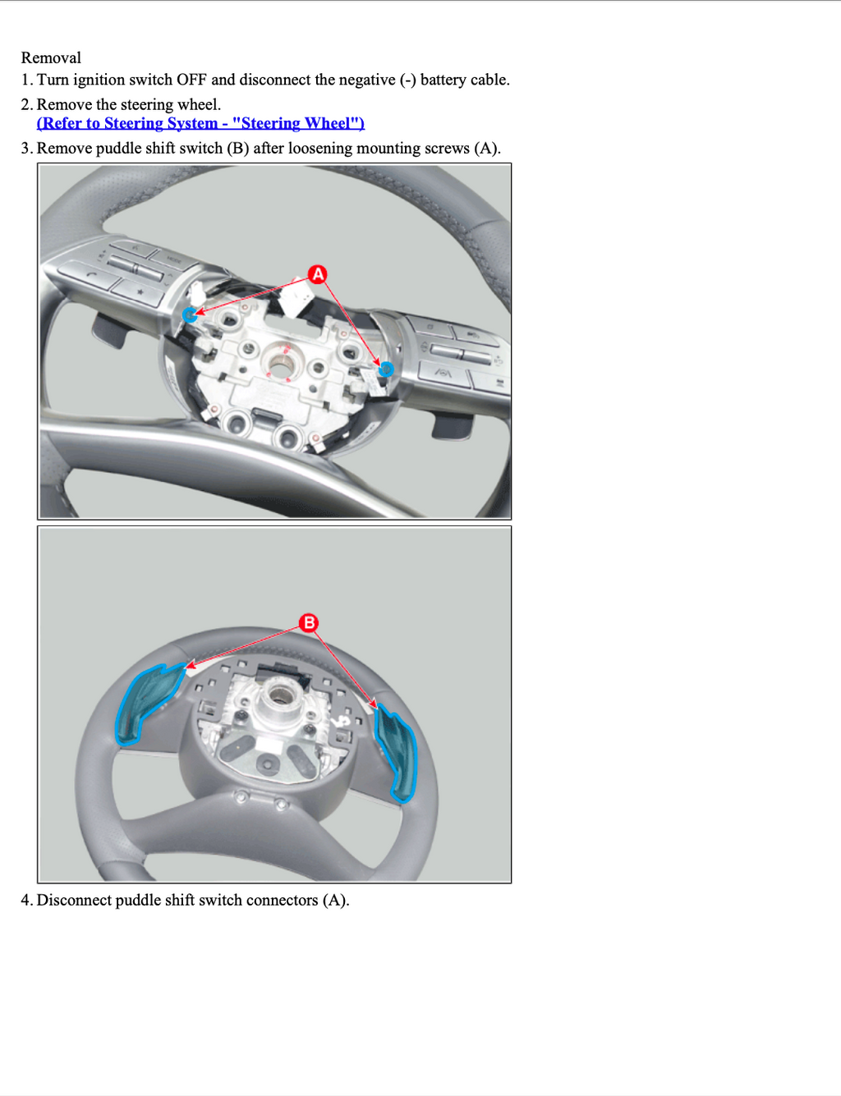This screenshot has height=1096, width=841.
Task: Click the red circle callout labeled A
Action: pos(318,274)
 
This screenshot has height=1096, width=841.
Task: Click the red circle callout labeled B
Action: pos(309,623)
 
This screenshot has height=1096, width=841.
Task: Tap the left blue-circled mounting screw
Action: pos(190,315)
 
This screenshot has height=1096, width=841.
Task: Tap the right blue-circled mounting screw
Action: pos(386,369)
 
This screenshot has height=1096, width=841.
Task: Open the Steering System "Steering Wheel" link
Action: pos(200,124)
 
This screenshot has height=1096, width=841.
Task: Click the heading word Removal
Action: pos(51,58)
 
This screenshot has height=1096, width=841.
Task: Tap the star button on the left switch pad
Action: pos(140,292)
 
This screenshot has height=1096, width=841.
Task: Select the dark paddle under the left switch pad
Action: pos(108,329)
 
